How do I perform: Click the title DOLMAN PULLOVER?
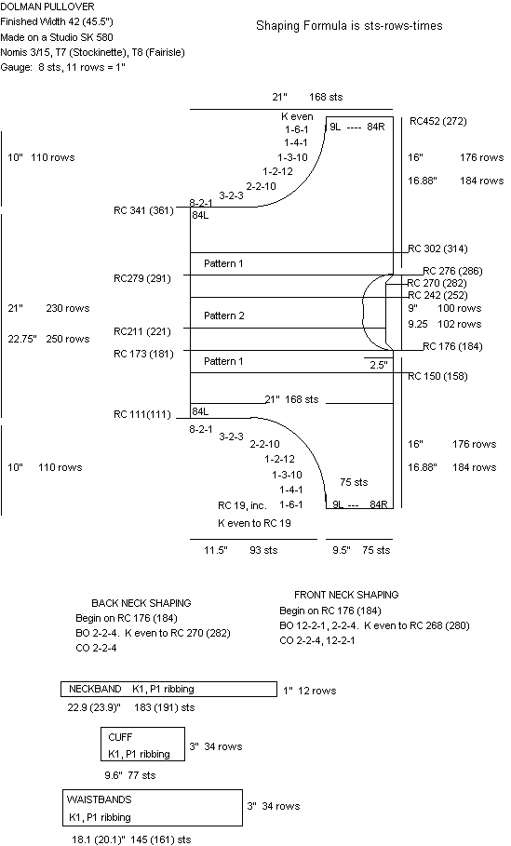click(x=47, y=7)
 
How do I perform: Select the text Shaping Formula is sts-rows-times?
click(x=349, y=26)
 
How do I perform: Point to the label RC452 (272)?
click(x=438, y=121)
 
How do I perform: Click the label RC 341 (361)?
click(x=143, y=210)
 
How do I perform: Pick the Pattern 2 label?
click(x=224, y=316)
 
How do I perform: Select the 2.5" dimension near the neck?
click(x=378, y=365)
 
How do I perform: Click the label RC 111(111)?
click(x=141, y=414)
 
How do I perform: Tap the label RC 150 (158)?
click(x=437, y=376)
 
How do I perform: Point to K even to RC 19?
click(x=254, y=523)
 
